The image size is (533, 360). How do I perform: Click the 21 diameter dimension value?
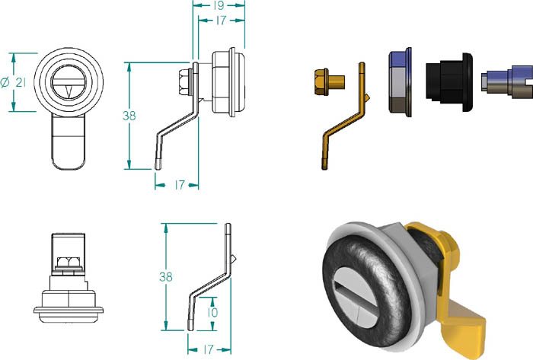[x=21, y=82]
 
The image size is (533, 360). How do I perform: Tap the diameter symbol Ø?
[x=5, y=82]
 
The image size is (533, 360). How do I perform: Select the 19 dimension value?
[x=219, y=5]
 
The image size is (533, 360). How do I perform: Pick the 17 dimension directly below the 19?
[x=221, y=21]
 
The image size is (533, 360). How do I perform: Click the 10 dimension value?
[x=212, y=313]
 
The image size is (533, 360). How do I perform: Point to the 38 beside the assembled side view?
[x=129, y=116]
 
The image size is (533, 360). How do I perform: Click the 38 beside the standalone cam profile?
[x=166, y=277]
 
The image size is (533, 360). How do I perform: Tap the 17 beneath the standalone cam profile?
[x=208, y=349]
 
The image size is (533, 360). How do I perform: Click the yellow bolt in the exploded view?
[x=329, y=82]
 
